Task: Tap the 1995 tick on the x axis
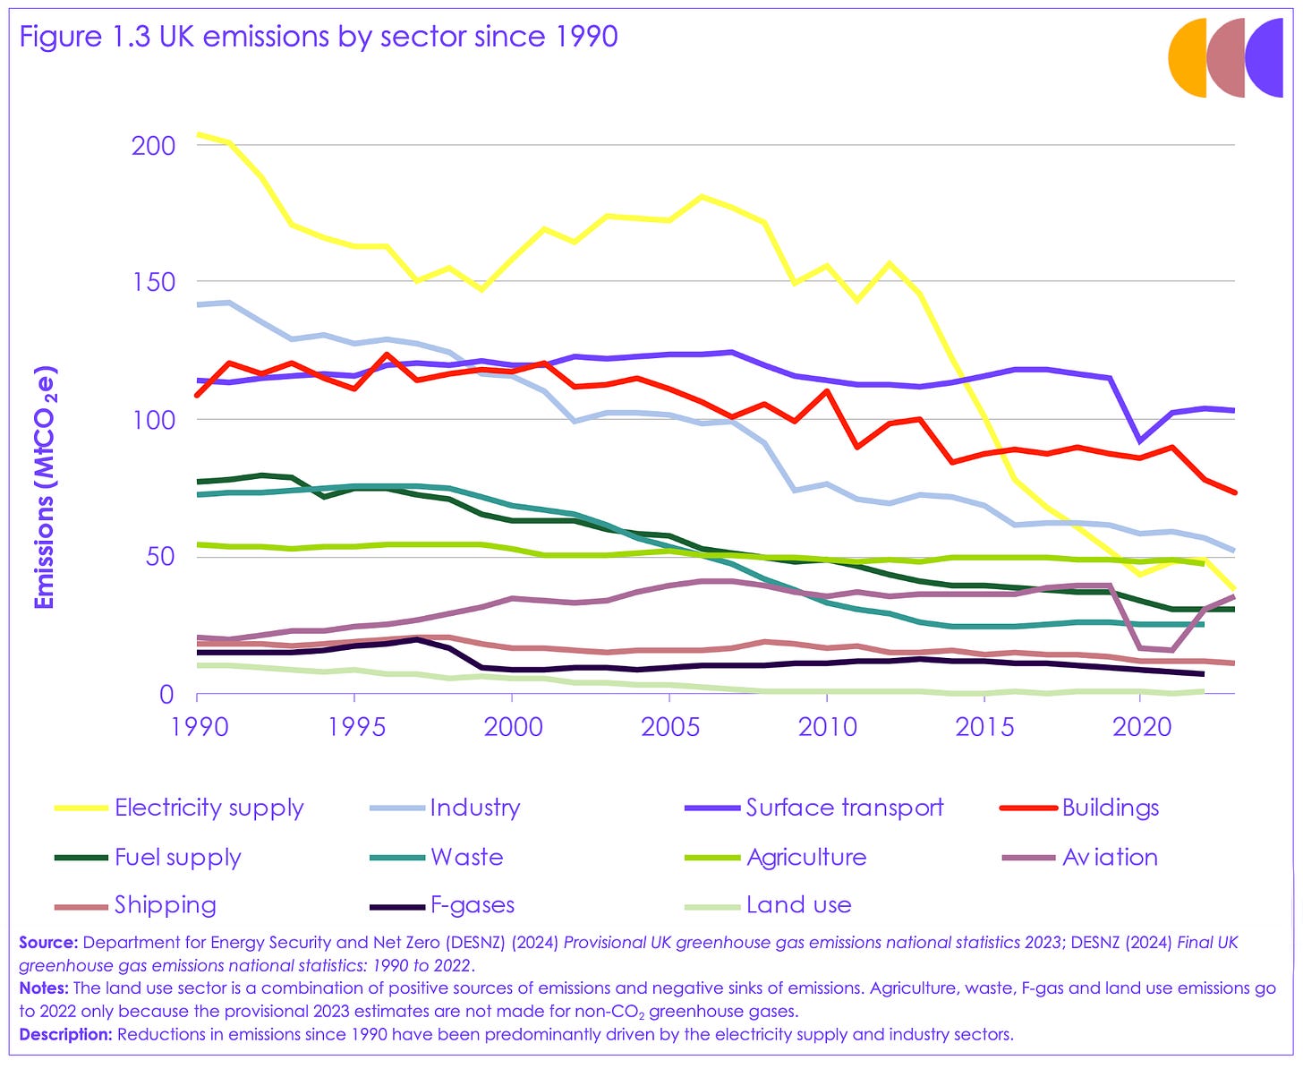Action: click(x=354, y=725)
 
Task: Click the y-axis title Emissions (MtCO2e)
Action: click(x=45, y=487)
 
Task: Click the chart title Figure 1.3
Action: click(x=319, y=37)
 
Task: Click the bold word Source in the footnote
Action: click(x=48, y=943)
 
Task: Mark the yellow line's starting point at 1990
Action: click(x=198, y=134)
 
